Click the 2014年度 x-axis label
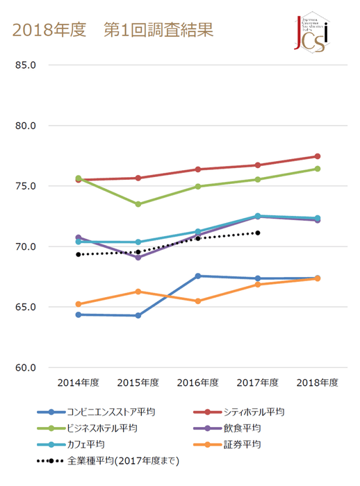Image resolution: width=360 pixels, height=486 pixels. (x=78, y=383)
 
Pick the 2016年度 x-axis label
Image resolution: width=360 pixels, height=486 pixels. (x=197, y=383)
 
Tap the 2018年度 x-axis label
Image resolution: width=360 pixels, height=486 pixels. (x=317, y=383)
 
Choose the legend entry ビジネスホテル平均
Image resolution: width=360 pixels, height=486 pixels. (x=101, y=428)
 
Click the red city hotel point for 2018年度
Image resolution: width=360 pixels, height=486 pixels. (x=318, y=156)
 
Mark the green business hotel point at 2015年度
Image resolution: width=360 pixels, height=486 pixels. (x=138, y=204)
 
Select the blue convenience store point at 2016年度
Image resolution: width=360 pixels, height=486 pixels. (x=198, y=276)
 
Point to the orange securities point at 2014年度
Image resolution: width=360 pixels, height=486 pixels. (x=79, y=304)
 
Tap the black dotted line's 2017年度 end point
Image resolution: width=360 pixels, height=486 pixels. (x=258, y=233)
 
